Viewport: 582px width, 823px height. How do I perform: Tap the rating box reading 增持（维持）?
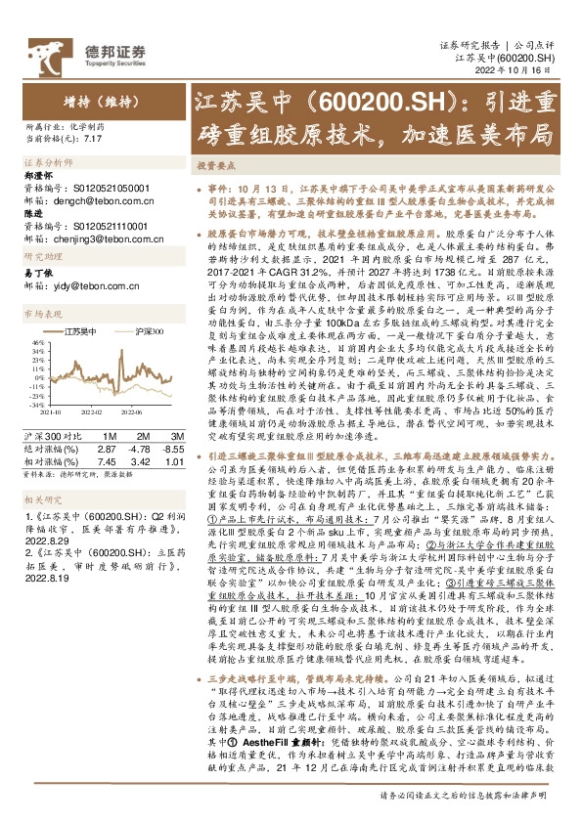point(92,101)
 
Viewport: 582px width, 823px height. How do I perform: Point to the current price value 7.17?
point(93,140)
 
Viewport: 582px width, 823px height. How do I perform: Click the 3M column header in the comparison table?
point(176,434)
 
